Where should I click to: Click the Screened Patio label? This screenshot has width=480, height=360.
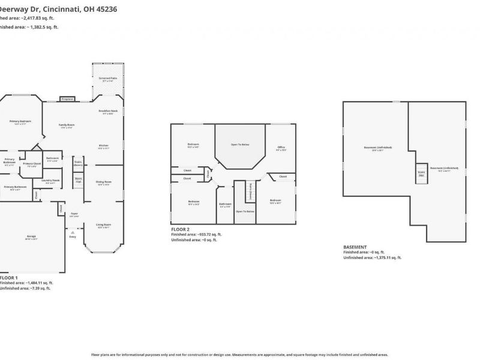pos(108,77)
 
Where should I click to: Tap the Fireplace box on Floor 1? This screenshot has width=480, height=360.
pos(67,99)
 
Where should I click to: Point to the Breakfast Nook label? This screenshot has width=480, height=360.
pos(108,112)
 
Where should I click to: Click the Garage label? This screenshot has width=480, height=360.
pos(31,236)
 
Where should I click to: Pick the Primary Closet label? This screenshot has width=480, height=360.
pos(32,163)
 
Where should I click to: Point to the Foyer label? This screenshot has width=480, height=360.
pos(74,213)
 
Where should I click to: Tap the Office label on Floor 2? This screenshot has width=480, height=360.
pos(281,147)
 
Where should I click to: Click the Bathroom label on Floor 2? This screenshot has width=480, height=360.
pos(225,205)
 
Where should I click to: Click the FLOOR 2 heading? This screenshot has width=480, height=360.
pos(180,229)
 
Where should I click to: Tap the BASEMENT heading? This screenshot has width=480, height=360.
pos(355,247)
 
